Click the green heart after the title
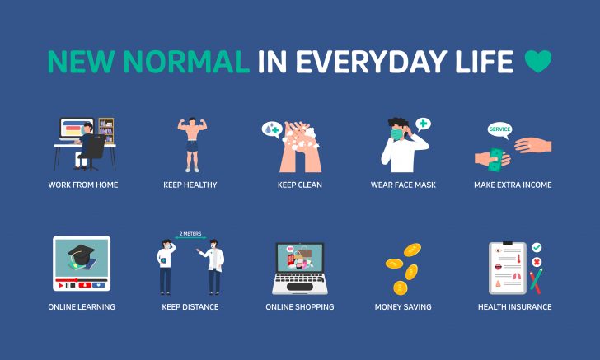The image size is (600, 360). click(538, 61)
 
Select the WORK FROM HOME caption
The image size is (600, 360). click(83, 185)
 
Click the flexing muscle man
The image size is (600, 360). click(191, 143)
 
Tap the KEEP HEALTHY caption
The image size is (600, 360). click(190, 185)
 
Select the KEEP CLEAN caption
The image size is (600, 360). click(300, 185)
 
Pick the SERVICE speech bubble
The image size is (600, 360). click(499, 129)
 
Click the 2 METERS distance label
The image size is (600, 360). click(190, 233)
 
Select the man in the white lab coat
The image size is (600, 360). click(213, 266)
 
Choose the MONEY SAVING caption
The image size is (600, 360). click(403, 307)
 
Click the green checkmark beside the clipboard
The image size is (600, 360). click(537, 247)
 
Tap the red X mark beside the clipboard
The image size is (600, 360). click(537, 262)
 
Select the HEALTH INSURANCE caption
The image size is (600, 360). click(514, 307)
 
